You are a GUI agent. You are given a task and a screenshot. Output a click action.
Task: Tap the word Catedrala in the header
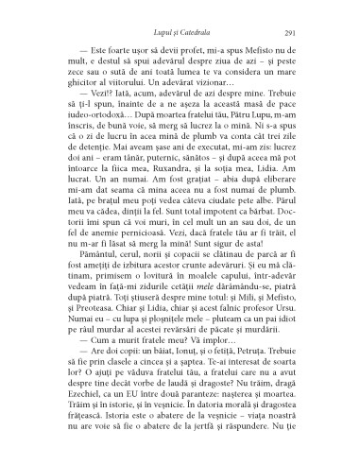coord(190,32)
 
